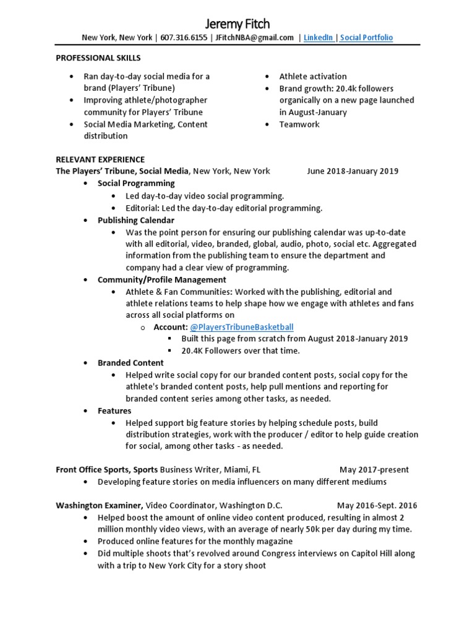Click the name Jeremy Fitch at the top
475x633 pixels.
point(237,23)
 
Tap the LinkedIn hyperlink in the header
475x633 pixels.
point(318,38)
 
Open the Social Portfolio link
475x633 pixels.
point(366,38)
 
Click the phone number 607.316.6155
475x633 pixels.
point(184,38)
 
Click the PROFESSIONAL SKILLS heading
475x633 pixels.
point(98,58)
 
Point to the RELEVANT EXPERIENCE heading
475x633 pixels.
point(100,159)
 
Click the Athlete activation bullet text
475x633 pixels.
point(313,77)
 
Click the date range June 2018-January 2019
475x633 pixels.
point(353,171)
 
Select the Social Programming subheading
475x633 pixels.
point(136,184)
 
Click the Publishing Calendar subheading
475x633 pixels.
point(135,220)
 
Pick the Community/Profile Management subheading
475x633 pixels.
point(161,279)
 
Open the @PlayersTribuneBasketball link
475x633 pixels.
point(241,327)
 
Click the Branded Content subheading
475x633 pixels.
point(131,363)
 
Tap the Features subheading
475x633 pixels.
point(114,410)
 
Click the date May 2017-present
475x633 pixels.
point(374,470)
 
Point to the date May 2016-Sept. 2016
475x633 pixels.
point(377,506)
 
